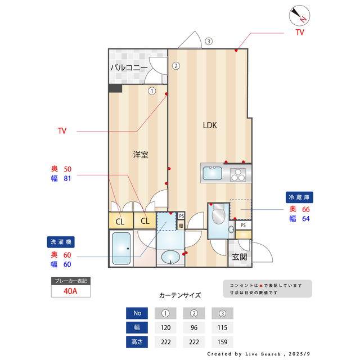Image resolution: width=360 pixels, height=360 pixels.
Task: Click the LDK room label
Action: coord(210,125)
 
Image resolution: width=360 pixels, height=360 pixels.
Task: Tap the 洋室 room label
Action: coord(141,154)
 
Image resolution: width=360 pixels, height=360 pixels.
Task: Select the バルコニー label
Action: coord(129,68)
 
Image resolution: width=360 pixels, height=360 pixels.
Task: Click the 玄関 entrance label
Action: coord(239,257)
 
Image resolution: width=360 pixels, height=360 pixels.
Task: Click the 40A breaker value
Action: coord(70,291)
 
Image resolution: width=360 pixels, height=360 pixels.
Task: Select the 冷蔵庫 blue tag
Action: coord(300,197)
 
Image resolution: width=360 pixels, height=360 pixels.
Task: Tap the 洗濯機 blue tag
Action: coord(61,242)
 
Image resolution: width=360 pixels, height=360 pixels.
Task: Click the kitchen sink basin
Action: coord(213,173)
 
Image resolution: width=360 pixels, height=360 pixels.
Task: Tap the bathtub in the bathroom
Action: coord(121,249)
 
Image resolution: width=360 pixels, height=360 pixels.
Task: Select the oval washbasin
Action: coord(170,258)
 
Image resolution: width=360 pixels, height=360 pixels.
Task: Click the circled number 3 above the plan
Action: coord(209,41)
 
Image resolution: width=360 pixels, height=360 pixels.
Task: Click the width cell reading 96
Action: coord(193,327)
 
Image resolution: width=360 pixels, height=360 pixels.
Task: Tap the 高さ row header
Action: coord(137,341)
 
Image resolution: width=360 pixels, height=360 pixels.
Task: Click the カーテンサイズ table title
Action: coord(179,295)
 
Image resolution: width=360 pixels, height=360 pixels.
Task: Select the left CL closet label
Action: coord(120,221)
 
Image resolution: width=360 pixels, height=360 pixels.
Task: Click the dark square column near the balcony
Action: coord(115,88)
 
